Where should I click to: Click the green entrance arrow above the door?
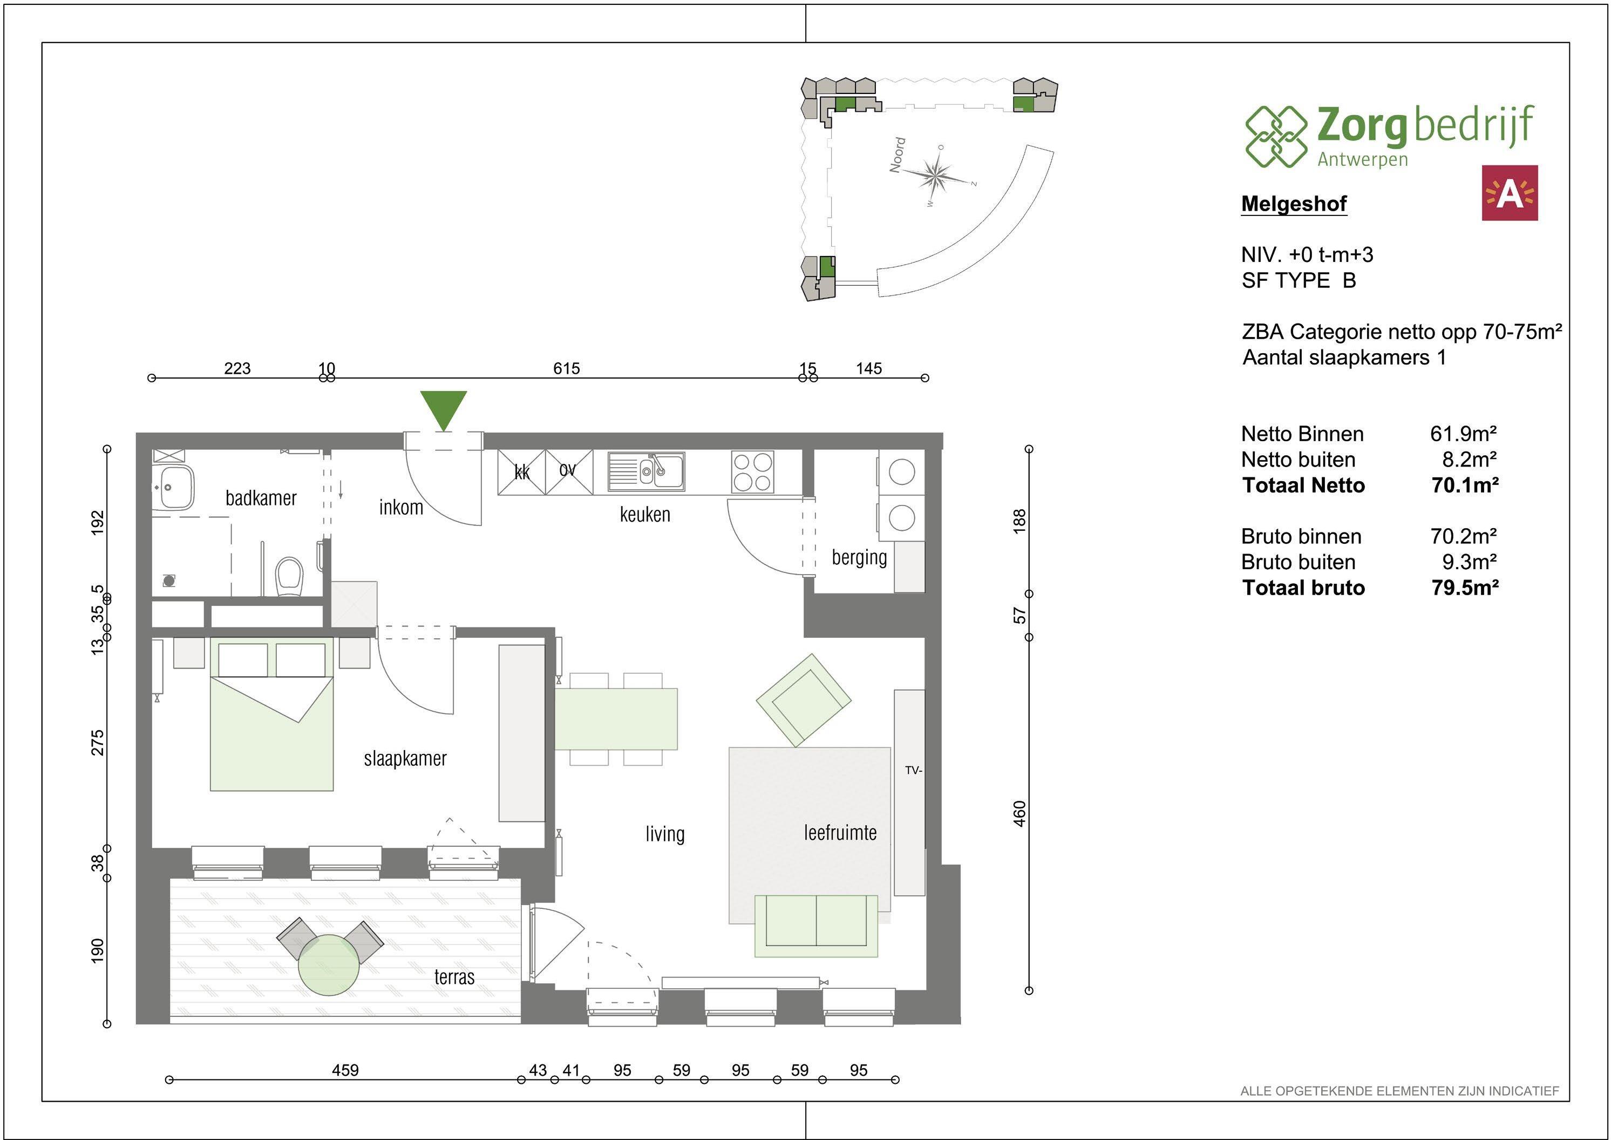pyautogui.click(x=444, y=409)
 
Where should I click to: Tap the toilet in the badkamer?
pyautogui.click(x=289, y=576)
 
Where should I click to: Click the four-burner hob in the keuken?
pyautogui.click(x=752, y=472)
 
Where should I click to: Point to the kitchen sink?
pyautogui.click(x=646, y=471)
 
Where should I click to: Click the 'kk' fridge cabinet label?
pyautogui.click(x=522, y=473)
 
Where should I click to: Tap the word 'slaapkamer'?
pyautogui.click(x=405, y=759)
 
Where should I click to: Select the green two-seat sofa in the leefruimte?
pyautogui.click(x=816, y=926)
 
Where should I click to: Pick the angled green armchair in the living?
pyautogui.click(x=804, y=699)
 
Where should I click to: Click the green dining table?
pyautogui.click(x=616, y=719)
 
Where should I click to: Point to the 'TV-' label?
pyautogui.click(x=913, y=770)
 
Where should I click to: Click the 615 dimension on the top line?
pyautogui.click(x=566, y=368)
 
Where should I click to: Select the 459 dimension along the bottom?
pyautogui.click(x=345, y=1070)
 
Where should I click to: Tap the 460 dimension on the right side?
pyautogui.click(x=1019, y=814)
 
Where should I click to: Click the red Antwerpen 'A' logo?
pyautogui.click(x=1509, y=193)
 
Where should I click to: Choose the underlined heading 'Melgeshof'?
pyautogui.click(x=1294, y=204)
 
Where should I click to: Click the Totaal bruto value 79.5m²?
pyautogui.click(x=1465, y=588)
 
